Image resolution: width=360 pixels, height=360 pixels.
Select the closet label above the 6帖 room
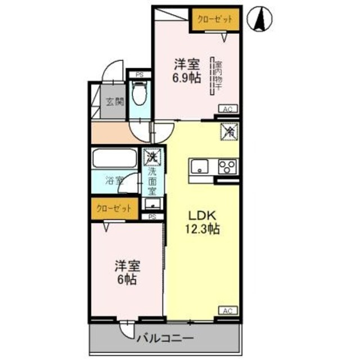coord(114,208)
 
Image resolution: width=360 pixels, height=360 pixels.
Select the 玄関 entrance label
coord(113,102)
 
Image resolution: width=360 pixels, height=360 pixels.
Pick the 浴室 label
coord(115,182)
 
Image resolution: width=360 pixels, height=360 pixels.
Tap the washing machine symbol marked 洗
coord(152,156)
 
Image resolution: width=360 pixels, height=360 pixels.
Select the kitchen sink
coord(200,166)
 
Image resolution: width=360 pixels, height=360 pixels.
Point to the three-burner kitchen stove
coord(228,167)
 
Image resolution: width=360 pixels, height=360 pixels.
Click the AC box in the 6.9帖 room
coord(228,109)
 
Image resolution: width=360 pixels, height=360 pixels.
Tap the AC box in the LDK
coord(228,310)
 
